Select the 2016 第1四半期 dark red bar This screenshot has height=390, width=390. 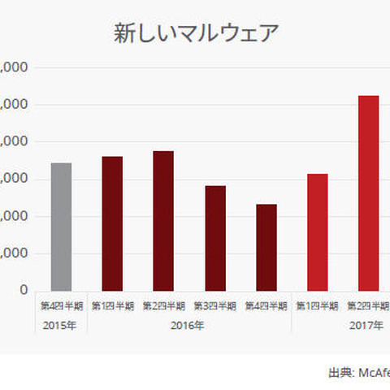112,223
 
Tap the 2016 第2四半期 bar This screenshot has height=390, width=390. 163,220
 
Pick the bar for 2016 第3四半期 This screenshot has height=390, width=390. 215,237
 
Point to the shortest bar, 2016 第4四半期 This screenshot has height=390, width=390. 266,247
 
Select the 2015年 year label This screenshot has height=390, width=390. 61,326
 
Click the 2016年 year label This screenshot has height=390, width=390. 188,326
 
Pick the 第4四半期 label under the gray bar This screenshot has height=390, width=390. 61,306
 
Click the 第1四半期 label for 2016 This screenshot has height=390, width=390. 112,306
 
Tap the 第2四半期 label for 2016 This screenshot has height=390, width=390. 163,306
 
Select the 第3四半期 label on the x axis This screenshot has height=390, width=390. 215,306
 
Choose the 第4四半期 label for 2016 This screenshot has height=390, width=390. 266,306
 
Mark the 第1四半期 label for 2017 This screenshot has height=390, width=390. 318,306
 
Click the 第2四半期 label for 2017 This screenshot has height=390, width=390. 368,306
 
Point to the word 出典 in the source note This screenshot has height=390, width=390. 340,372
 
